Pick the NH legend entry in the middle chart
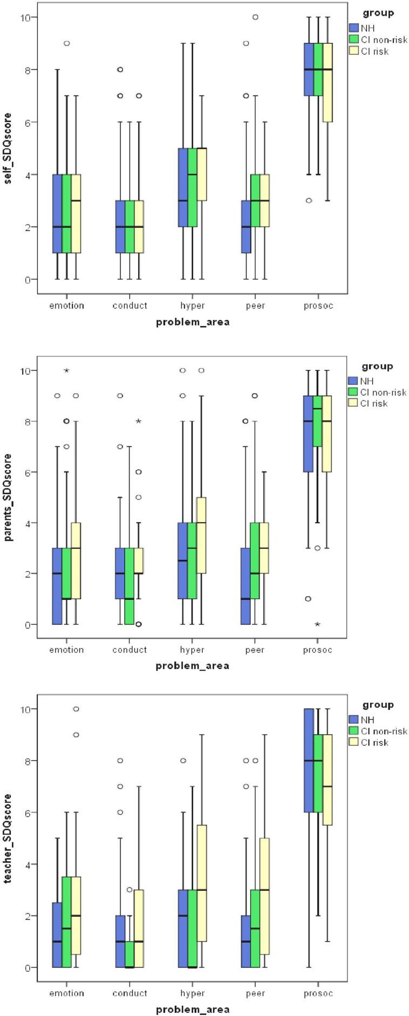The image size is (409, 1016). [x=367, y=381]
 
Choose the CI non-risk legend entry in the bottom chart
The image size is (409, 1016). [x=378, y=731]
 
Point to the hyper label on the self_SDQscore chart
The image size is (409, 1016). [x=193, y=306]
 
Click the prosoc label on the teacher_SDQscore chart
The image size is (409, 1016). [x=318, y=993]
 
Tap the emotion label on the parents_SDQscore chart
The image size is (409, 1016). [x=67, y=650]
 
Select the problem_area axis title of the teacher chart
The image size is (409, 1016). [x=193, y=1009]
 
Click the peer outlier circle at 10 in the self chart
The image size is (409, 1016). [x=255, y=17]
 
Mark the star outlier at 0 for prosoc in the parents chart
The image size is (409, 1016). [x=318, y=625]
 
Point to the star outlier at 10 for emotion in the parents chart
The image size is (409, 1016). [x=67, y=370]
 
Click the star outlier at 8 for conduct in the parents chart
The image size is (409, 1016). [x=139, y=421]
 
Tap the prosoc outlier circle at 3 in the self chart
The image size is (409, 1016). [x=309, y=200]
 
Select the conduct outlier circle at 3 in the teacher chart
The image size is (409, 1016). [x=129, y=890]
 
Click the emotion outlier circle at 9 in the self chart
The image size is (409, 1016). [x=67, y=43]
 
